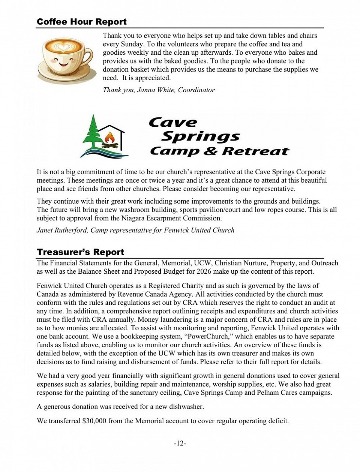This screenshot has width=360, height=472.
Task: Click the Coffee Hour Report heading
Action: (x=81, y=22)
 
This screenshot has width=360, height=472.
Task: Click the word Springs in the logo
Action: (x=201, y=136)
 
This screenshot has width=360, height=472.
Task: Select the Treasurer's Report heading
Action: (x=80, y=252)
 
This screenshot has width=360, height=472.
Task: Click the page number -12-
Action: (x=180, y=444)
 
